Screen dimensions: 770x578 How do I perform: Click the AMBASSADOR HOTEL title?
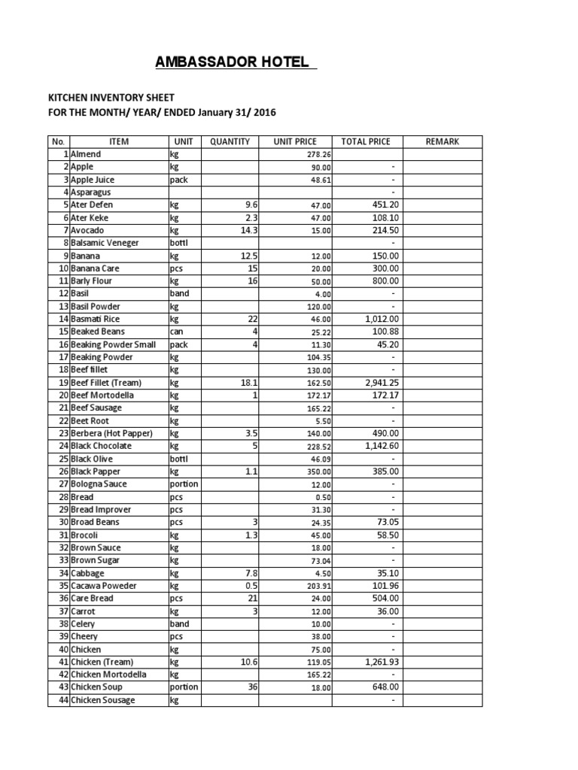(233, 62)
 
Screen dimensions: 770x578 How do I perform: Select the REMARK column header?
(442, 141)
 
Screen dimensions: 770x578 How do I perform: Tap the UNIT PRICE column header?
(295, 141)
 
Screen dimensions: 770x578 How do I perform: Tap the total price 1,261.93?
(379, 662)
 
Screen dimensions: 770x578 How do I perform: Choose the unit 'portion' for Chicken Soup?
(184, 687)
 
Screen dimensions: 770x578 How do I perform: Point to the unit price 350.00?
(317, 471)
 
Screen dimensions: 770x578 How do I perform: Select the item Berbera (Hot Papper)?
(111, 433)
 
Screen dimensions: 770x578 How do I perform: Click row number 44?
(63, 700)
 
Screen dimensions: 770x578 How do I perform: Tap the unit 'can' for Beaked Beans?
(177, 332)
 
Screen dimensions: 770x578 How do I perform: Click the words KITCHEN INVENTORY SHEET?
(111, 98)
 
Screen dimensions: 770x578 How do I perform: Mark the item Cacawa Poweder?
(105, 586)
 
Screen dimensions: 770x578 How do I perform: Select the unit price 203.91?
(317, 586)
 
